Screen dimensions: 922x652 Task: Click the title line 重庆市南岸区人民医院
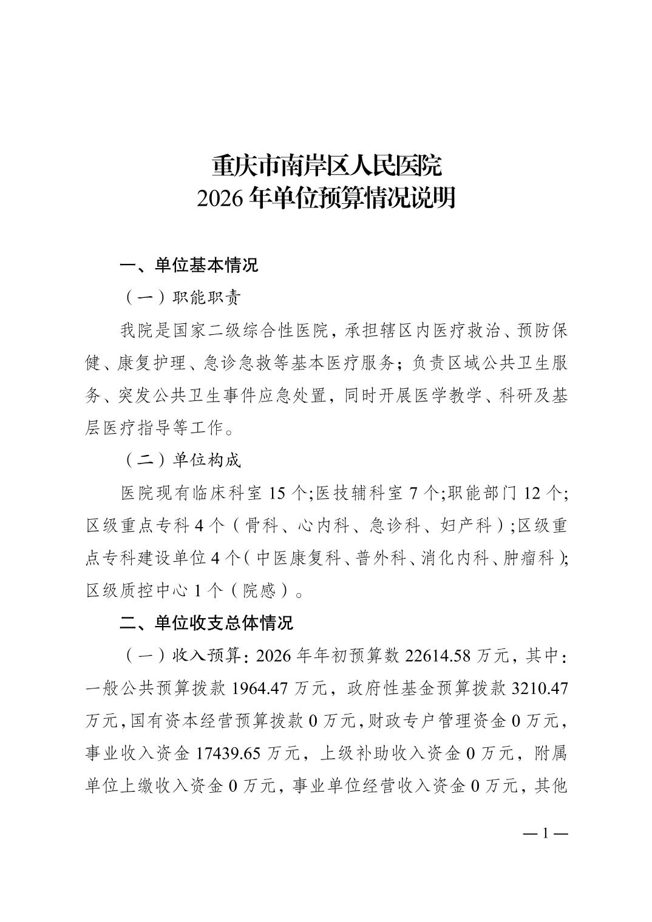point(326,166)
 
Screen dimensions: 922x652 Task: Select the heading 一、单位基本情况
point(189,265)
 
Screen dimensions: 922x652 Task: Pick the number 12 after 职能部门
point(532,493)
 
